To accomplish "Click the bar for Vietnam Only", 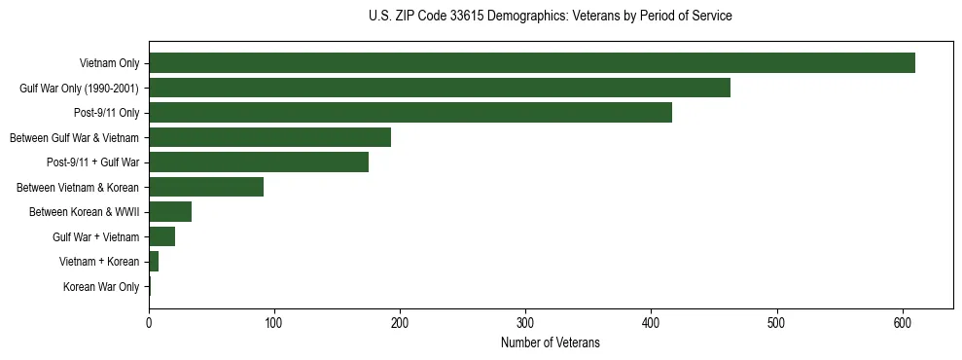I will tap(531, 63).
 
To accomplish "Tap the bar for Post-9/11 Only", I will tap(410, 113).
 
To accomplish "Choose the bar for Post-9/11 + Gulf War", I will tap(258, 162).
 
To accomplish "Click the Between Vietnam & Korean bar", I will tap(205, 187).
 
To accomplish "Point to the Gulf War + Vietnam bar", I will tap(161, 236).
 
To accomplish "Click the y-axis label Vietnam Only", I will tap(109, 63).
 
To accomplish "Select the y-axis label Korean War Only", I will tap(101, 287).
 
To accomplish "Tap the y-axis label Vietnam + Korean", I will tap(99, 262).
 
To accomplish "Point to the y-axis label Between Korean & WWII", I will tap(85, 212).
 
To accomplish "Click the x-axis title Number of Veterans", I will tap(550, 343).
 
